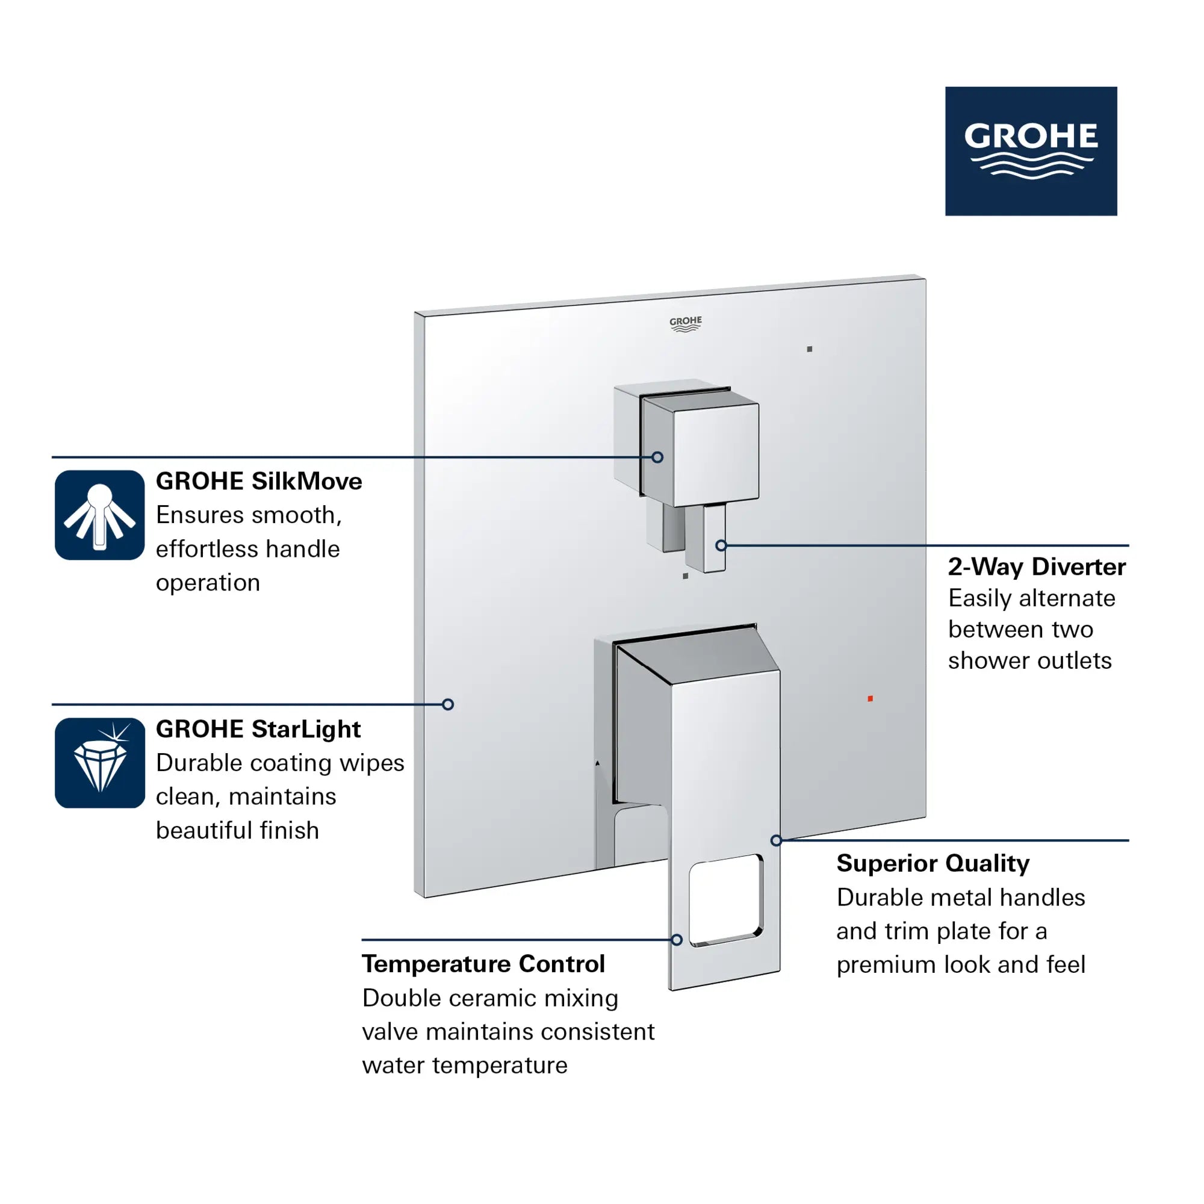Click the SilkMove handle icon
click(x=100, y=515)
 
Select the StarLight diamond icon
click(x=100, y=763)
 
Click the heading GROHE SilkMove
click(x=259, y=481)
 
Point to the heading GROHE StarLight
click(x=258, y=729)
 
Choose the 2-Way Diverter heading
click(x=1037, y=566)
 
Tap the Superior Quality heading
click(x=932, y=863)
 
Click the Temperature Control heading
click(x=483, y=963)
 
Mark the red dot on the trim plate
click(x=870, y=698)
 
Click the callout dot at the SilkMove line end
click(x=657, y=458)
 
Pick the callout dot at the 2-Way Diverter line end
click(x=721, y=546)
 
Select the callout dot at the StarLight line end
click(x=447, y=705)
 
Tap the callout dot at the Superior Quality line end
click(x=776, y=840)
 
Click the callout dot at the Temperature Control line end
click(x=677, y=940)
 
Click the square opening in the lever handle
click(x=726, y=900)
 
